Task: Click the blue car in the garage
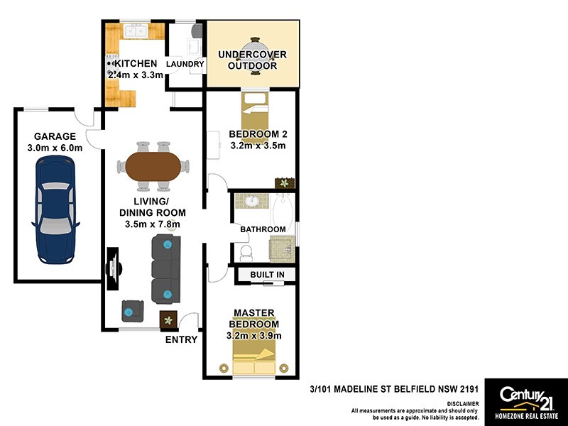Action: [x=54, y=206]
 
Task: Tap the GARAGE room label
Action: [x=54, y=136]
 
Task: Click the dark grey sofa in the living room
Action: [x=166, y=268]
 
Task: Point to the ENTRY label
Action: [x=181, y=339]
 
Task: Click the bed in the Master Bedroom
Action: [x=255, y=359]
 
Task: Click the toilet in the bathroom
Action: [x=244, y=252]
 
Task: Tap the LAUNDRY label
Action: [x=185, y=65]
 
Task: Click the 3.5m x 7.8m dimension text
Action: [x=152, y=224]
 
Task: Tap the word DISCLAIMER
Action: [x=462, y=403]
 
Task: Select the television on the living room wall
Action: [x=113, y=269]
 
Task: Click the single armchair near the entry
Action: [x=133, y=310]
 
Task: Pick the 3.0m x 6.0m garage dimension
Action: [x=54, y=148]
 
